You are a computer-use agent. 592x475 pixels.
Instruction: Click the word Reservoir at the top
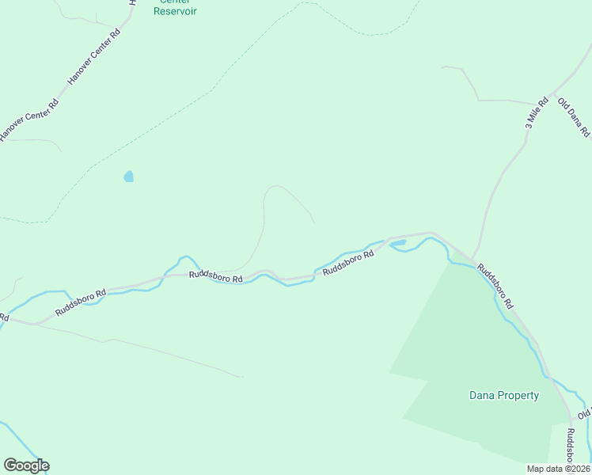coord(175,11)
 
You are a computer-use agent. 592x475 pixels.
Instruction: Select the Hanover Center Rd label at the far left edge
coord(28,120)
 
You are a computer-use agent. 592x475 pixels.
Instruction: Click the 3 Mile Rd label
coord(536,113)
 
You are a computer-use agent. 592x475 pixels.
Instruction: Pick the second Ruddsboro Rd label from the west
coord(215,275)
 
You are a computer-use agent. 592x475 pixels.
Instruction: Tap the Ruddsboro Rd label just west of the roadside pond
coord(348,263)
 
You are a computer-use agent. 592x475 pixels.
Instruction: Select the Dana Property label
coord(504,395)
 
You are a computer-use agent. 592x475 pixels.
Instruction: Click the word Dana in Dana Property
coord(482,395)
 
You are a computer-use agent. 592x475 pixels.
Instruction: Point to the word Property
coord(518,395)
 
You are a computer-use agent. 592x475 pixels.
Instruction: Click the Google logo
coord(26,465)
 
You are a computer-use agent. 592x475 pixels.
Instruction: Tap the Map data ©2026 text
coord(559,468)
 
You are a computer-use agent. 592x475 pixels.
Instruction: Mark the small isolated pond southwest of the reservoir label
coord(128,177)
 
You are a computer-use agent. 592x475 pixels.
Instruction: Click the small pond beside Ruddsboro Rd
coord(398,243)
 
